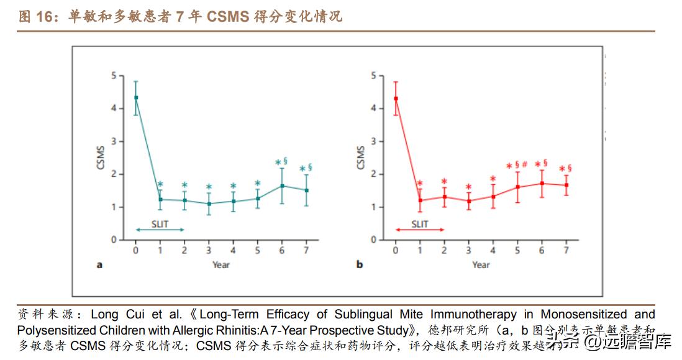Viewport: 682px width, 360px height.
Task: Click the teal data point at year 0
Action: tap(135, 97)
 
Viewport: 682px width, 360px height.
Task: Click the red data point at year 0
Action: tap(396, 99)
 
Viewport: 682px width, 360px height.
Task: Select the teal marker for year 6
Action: tap(282, 186)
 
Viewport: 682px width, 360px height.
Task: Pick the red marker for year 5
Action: tap(517, 187)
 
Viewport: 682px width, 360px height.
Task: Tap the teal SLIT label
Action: tap(160, 222)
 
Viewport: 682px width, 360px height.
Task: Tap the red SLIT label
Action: tap(420, 223)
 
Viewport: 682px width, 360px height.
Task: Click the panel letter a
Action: tap(99, 265)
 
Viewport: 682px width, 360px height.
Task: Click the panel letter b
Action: tap(360, 265)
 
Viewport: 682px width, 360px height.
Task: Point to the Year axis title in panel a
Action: tap(221, 265)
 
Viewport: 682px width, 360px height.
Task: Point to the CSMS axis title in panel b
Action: tap(361, 158)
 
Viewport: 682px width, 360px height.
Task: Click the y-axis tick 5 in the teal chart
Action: tap(113, 76)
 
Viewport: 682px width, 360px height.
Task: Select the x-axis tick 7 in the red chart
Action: tap(566, 250)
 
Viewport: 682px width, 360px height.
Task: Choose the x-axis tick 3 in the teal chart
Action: tap(209, 250)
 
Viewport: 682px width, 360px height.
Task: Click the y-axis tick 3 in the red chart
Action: tap(373, 142)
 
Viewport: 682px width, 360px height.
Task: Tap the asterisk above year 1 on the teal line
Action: tap(160, 184)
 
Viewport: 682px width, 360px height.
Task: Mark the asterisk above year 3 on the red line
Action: tap(468, 187)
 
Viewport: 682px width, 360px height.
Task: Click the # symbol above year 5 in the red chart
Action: tap(525, 164)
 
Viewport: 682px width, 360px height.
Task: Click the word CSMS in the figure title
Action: tap(228, 17)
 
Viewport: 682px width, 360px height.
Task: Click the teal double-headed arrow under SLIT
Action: tap(160, 230)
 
